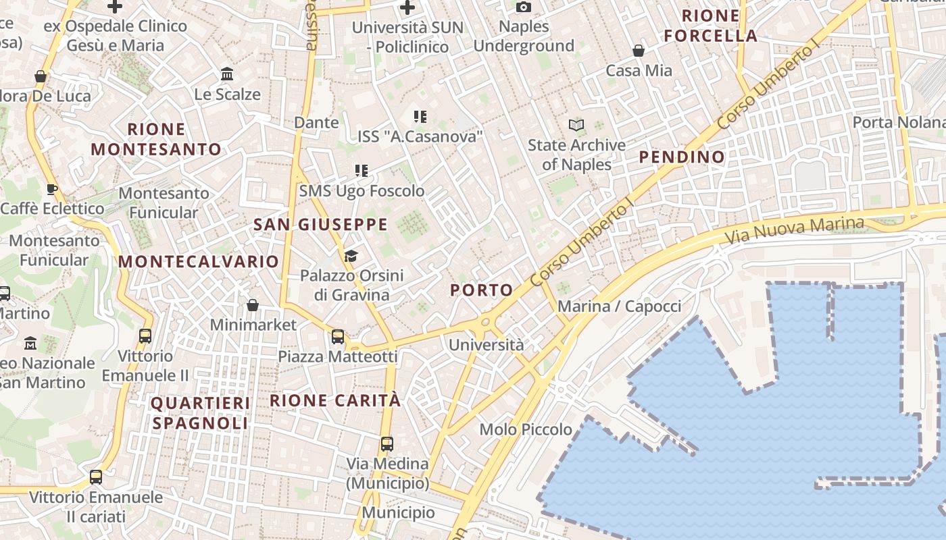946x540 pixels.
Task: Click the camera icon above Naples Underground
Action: (523, 7)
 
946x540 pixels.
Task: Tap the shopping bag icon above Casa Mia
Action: (638, 51)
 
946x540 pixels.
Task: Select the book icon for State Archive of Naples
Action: (576, 125)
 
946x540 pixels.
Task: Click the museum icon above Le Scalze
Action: (227, 74)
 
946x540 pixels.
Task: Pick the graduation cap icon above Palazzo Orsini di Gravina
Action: (351, 256)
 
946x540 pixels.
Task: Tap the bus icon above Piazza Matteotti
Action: (338, 336)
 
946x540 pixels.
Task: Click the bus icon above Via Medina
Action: (387, 443)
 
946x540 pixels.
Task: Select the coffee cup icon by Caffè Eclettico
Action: (51, 189)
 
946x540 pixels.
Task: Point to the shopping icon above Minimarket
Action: (253, 305)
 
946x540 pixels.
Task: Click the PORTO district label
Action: (482, 290)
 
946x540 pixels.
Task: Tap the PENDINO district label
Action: (682, 157)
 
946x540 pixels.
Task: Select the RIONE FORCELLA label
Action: (710, 26)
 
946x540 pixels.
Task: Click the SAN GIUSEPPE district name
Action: (320, 225)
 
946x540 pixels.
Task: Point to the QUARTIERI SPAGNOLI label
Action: (200, 413)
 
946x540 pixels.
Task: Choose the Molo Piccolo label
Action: (526, 429)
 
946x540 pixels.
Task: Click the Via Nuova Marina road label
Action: (794, 230)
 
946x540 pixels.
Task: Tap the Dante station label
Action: (316, 122)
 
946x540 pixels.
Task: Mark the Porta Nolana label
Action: (899, 122)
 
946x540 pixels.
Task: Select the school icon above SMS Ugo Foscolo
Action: (362, 171)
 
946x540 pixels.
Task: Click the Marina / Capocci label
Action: (619, 306)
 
